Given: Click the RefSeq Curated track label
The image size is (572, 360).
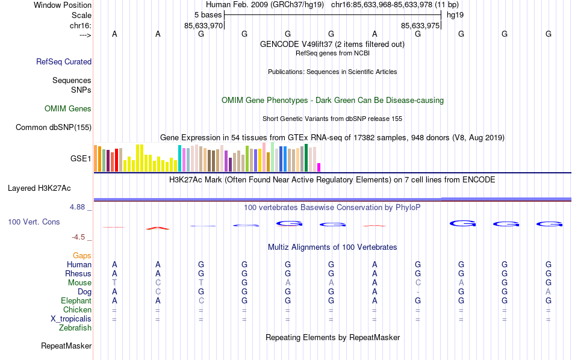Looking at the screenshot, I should pyautogui.click(x=64, y=61).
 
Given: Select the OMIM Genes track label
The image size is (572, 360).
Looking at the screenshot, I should pyautogui.click(x=67, y=109).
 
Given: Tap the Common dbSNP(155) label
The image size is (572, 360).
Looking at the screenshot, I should pyautogui.click(x=54, y=127).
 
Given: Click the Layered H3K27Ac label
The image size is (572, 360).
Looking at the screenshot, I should pyautogui.click(x=49, y=188).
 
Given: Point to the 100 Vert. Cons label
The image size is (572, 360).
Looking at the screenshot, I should pyautogui.click(x=34, y=222).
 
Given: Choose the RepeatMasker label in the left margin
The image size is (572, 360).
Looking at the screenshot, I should pyautogui.click(x=66, y=346).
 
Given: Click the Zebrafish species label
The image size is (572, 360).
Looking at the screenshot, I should pyautogui.click(x=75, y=328).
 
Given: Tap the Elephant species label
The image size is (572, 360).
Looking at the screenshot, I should pyautogui.click(x=76, y=301).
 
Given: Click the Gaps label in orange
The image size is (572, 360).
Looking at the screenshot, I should pyautogui.click(x=82, y=256).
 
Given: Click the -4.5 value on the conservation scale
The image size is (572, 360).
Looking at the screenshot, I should pyautogui.click(x=81, y=237).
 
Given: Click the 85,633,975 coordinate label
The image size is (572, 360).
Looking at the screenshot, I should pyautogui.click(x=420, y=26).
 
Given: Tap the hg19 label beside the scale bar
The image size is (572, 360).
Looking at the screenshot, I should pyautogui.click(x=455, y=14).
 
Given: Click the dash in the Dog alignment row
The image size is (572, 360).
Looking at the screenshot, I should pyautogui.click(x=418, y=292).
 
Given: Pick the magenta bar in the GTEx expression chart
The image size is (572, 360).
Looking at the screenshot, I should pyautogui.click(x=319, y=167).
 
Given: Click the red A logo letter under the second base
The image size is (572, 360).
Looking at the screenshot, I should pyautogui.click(x=158, y=228).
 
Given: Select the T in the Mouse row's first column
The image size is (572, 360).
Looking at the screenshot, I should pyautogui.click(x=114, y=283).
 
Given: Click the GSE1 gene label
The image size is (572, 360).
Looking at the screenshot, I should pyautogui.click(x=81, y=159).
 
